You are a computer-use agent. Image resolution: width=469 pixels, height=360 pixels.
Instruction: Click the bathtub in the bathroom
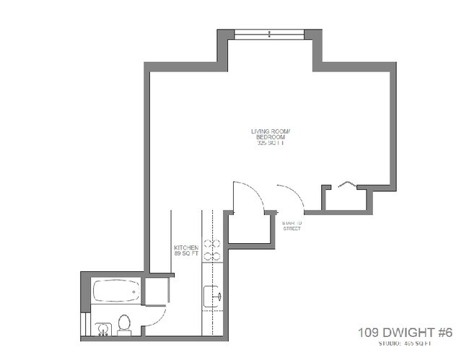click(x=115, y=292)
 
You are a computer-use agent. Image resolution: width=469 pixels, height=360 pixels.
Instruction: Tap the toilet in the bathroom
click(x=123, y=325)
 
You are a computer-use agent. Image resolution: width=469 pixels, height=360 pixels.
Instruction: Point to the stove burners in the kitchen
click(x=211, y=249)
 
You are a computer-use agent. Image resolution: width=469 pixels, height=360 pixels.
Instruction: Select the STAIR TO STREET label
click(x=292, y=225)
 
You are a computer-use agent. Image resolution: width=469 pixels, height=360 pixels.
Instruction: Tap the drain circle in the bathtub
click(x=133, y=292)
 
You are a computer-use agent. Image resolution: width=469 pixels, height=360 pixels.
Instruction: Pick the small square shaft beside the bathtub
click(x=155, y=290)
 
